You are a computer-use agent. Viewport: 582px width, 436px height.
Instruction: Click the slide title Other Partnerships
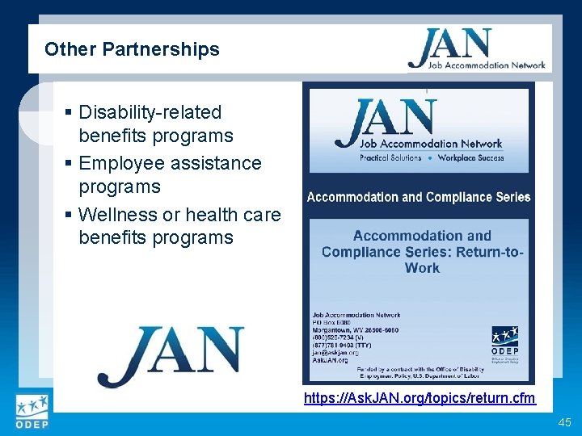tap(132, 49)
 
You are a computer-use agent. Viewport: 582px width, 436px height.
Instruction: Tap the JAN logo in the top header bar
tap(476, 49)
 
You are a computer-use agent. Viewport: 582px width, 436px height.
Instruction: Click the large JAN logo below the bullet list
tap(171, 355)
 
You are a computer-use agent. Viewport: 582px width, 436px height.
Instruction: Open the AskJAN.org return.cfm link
tap(419, 398)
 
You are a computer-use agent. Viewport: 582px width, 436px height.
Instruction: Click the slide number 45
tap(563, 423)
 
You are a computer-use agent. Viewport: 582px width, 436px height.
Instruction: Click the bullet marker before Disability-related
tap(70, 113)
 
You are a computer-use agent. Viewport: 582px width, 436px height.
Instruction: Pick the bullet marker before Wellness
tap(70, 216)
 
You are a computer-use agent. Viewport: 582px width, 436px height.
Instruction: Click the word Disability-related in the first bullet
tap(150, 112)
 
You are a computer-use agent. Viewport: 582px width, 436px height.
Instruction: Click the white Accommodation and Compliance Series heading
tap(418, 197)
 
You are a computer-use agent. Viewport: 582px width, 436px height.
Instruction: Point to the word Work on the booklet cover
tap(422, 268)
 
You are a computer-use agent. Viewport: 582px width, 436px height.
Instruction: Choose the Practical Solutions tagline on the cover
tap(390, 157)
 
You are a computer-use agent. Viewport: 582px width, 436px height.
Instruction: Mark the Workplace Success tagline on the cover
tap(470, 157)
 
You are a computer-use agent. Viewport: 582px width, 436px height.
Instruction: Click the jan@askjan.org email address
tap(335, 353)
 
